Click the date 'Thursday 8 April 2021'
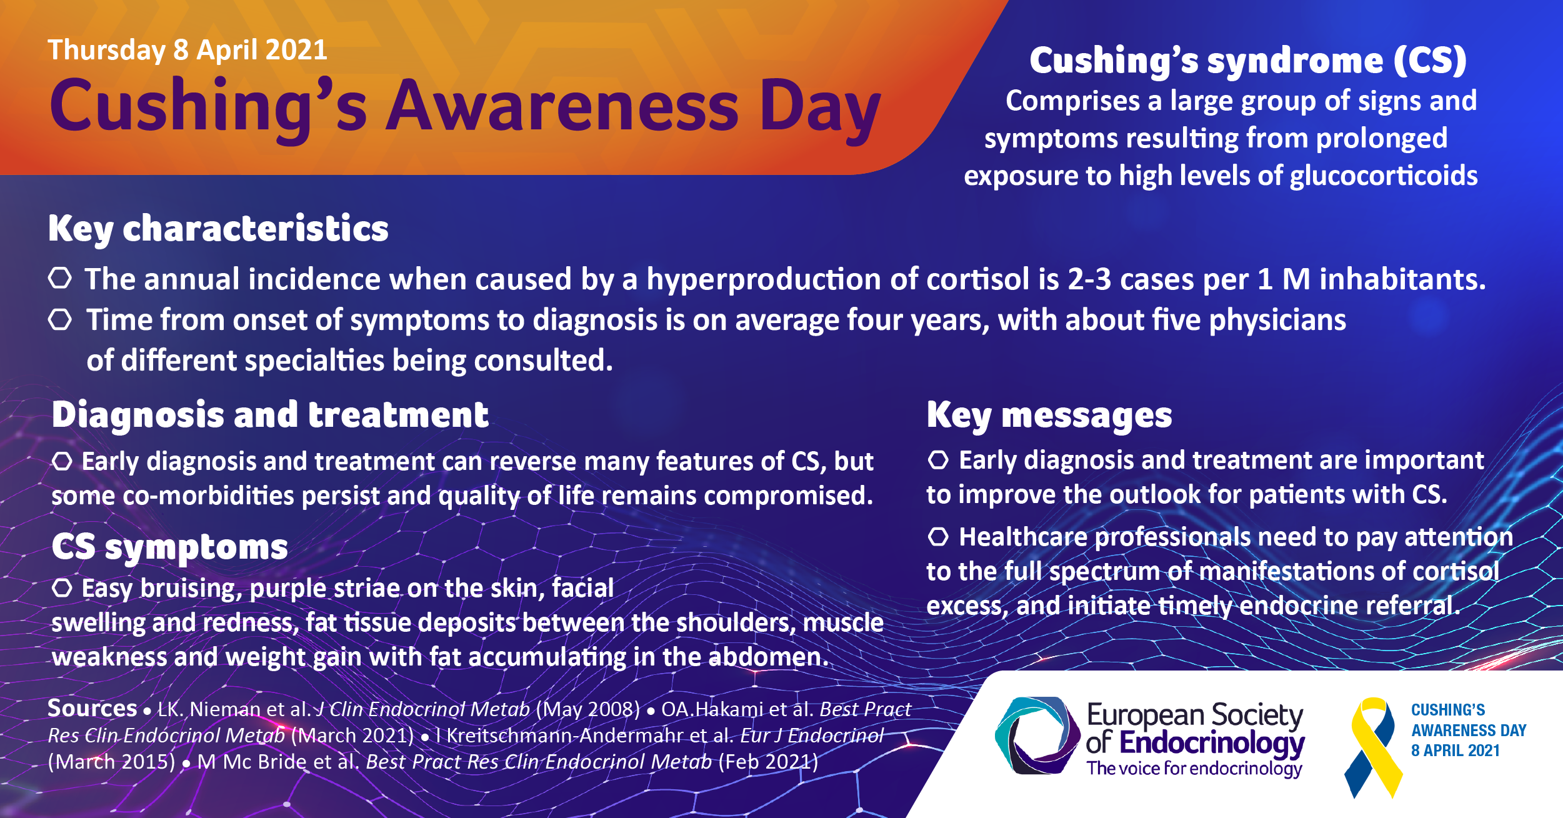point(187,50)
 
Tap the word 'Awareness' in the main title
point(562,106)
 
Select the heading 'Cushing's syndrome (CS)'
point(1248,61)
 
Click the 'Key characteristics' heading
point(218,229)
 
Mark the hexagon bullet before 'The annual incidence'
point(60,277)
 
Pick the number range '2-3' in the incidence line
point(1089,279)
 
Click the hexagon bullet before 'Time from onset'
point(60,319)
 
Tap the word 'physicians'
point(1277,321)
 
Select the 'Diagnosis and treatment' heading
point(270,415)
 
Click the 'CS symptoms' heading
point(170,547)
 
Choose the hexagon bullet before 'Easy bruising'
point(62,587)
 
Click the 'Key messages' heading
point(1049,416)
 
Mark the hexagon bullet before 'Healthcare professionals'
point(938,536)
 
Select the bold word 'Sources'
point(92,708)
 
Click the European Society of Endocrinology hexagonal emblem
point(1037,736)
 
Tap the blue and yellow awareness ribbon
point(1374,747)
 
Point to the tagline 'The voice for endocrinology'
point(1194,768)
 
